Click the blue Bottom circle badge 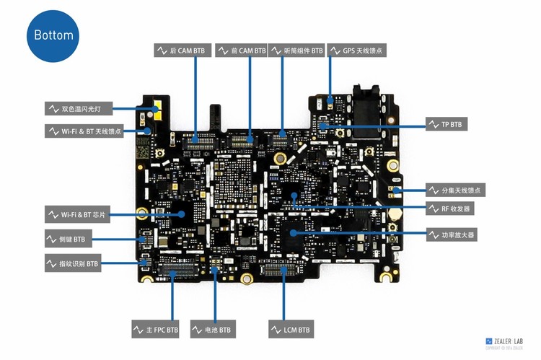53,35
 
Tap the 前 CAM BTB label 242,51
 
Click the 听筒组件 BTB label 299,51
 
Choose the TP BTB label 446,125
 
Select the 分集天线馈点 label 455,190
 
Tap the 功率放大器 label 452,235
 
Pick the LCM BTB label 291,330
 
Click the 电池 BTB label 212,330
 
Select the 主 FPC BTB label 155,330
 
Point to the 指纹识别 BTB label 73,264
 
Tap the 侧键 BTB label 66,239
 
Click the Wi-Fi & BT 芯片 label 79,214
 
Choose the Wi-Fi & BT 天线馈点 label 84,131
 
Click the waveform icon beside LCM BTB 277,330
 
